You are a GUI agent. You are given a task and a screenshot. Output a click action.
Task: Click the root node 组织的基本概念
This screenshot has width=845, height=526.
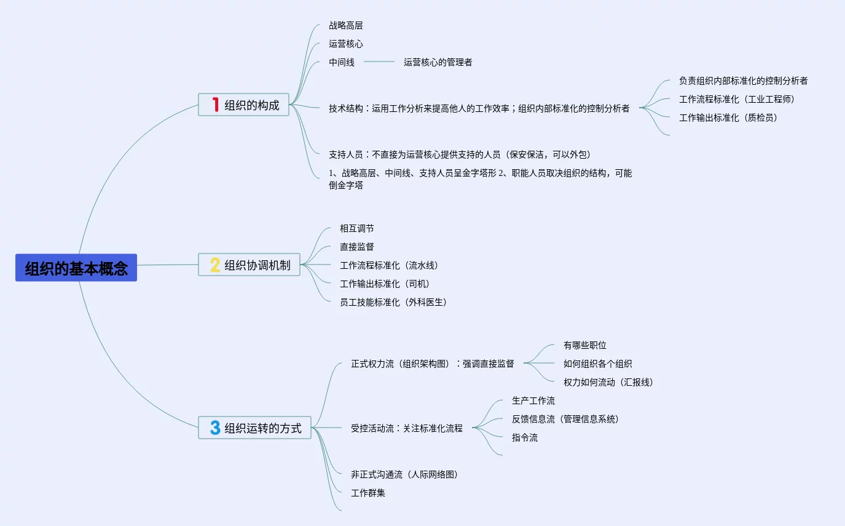click(76, 268)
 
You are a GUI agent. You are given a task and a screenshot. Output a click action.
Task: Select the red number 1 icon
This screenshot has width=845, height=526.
click(215, 105)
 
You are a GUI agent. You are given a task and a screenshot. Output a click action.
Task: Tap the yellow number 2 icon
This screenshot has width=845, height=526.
click(215, 265)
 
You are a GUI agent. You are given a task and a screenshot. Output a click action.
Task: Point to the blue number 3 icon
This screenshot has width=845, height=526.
click(215, 428)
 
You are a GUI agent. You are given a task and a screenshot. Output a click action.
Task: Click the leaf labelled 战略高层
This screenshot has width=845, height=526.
click(346, 26)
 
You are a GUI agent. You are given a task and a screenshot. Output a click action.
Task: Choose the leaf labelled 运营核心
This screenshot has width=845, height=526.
click(346, 44)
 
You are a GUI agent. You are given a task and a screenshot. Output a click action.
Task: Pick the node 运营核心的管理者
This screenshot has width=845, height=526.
click(438, 62)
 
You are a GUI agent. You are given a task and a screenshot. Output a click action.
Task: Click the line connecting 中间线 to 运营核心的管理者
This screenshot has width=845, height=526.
click(379, 62)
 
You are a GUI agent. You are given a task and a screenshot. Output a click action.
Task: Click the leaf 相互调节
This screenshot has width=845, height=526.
click(357, 228)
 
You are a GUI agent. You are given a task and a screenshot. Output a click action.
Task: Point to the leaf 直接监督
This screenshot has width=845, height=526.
click(357, 247)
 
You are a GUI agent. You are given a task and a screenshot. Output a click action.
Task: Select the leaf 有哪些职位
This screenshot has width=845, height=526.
click(585, 345)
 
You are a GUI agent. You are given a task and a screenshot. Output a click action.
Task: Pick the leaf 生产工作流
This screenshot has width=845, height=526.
click(533, 400)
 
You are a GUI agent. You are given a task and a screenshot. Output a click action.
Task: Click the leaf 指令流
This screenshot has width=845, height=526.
click(525, 437)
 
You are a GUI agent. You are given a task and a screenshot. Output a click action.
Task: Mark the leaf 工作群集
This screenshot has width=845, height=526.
click(368, 493)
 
